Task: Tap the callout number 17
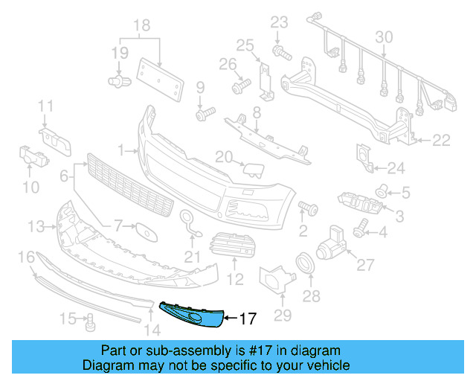[x=248, y=319]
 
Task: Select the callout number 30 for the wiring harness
[x=384, y=37]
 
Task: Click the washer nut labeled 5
[x=381, y=193]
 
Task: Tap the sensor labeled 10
[x=30, y=156]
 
